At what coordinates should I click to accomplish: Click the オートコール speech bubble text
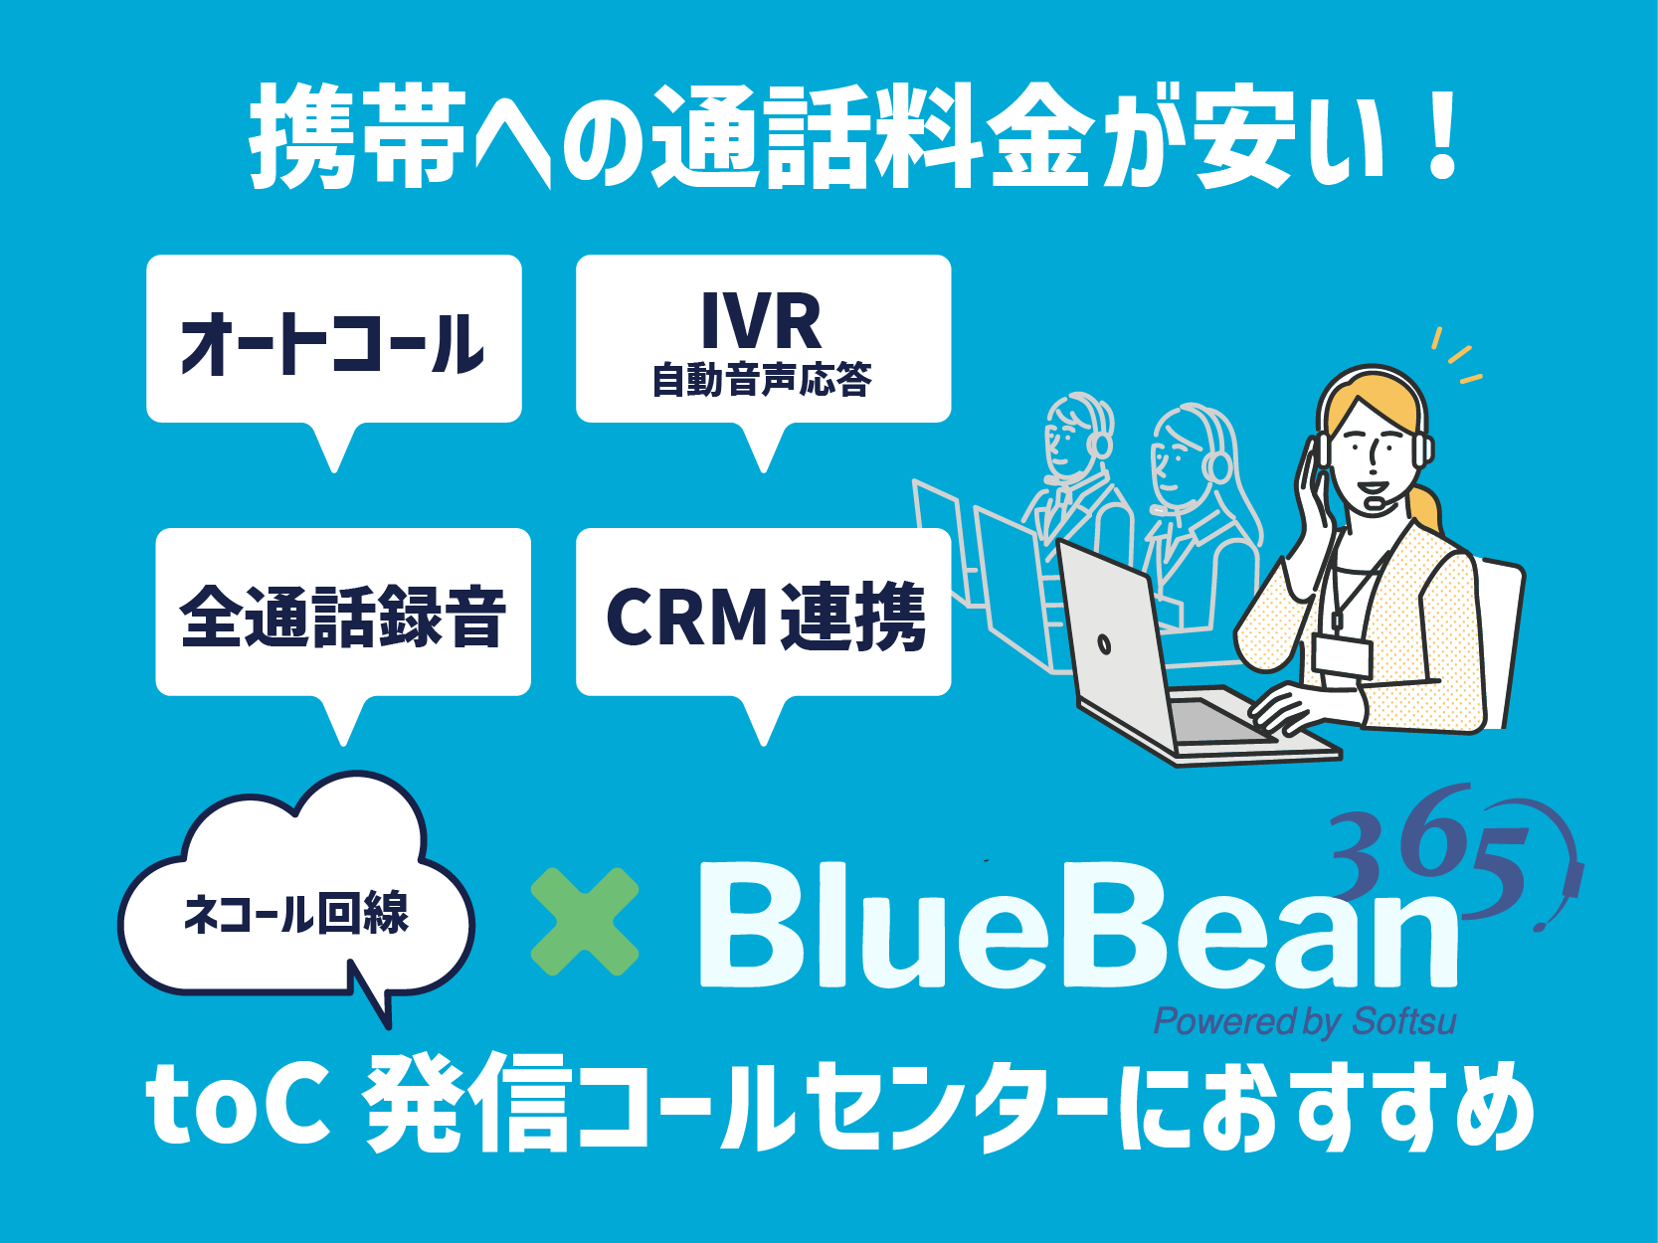331,344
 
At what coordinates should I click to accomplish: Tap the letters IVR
762,321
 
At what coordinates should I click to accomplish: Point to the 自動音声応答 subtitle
762,379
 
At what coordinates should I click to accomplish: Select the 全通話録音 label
342,617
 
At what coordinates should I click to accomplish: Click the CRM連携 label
765,617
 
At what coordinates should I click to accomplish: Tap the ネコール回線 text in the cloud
296,913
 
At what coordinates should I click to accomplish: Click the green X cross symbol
585,921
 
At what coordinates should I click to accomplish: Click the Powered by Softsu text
1305,1021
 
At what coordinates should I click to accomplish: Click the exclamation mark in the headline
1441,136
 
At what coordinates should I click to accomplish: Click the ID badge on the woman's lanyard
1343,655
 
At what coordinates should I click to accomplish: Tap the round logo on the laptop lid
1104,644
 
